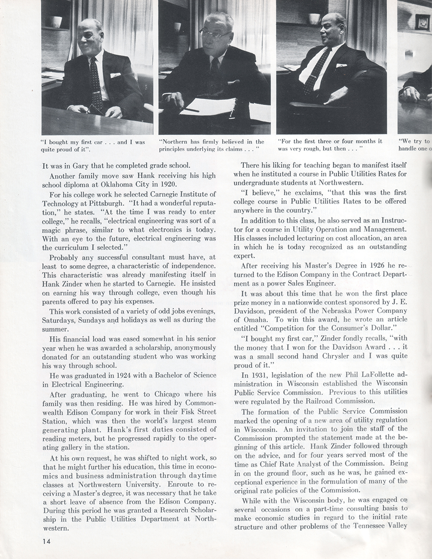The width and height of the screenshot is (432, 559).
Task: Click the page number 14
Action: pos(45,541)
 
